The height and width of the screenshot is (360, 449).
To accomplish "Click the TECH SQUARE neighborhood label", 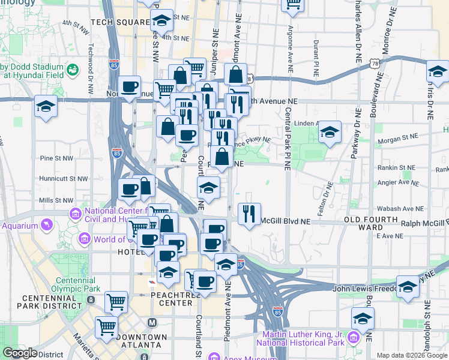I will [120, 23].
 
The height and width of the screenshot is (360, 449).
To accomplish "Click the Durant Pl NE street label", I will [315, 59].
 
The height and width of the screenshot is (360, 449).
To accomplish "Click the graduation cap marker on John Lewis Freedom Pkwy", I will [408, 287].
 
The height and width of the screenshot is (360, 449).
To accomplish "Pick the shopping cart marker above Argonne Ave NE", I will [293, 5].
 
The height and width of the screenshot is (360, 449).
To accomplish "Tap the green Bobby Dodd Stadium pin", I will [73, 70].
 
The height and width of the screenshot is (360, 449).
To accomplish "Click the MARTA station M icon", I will [152, 323].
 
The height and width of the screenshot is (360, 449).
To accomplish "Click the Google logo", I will [20, 353].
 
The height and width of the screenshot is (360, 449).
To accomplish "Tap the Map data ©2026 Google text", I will [411, 355].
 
